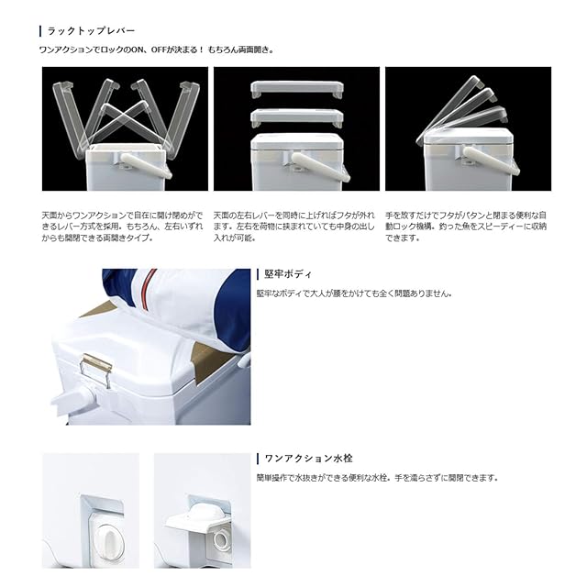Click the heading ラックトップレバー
(x=91, y=30)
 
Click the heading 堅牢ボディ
(x=288, y=274)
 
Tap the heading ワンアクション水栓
(x=308, y=459)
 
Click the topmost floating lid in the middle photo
(x=296, y=89)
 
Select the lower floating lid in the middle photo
(x=296, y=116)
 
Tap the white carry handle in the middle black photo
(x=320, y=166)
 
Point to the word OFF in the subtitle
(x=159, y=50)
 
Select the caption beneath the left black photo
(x=122, y=227)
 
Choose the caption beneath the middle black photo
(x=293, y=227)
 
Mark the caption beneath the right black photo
(x=466, y=227)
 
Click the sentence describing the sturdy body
(x=354, y=293)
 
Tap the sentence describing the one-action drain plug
(x=377, y=478)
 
